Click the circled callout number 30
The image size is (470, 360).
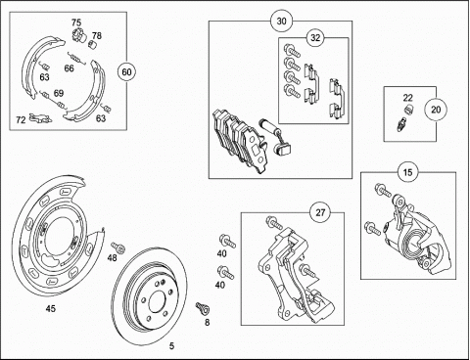(281, 22)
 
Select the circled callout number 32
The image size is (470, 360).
(315, 38)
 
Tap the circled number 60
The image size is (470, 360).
(126, 71)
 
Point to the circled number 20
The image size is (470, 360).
(436, 110)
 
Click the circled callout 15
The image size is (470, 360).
(407, 172)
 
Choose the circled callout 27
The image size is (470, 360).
(320, 212)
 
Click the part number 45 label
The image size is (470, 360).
(51, 308)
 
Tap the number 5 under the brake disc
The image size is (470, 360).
(172, 346)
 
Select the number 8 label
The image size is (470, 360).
(207, 323)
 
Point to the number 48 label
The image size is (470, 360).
(112, 258)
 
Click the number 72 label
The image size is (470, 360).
(21, 120)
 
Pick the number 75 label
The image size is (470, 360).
(76, 22)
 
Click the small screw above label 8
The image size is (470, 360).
(203, 308)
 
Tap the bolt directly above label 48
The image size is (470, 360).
(118, 247)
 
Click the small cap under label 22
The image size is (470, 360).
(408, 110)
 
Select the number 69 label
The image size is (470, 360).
(59, 93)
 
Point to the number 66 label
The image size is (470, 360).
(69, 68)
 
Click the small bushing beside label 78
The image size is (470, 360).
(93, 43)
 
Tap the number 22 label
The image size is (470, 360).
(407, 98)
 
